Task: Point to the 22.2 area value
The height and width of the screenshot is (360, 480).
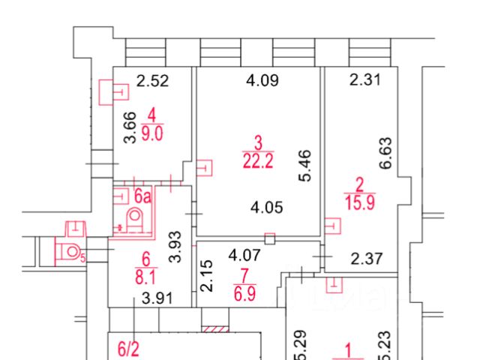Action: [x=257, y=159]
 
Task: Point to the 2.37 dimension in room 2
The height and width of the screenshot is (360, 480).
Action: [x=367, y=259]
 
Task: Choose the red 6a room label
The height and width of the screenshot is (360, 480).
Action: [x=142, y=197]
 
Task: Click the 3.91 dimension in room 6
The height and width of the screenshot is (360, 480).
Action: [x=157, y=298]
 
